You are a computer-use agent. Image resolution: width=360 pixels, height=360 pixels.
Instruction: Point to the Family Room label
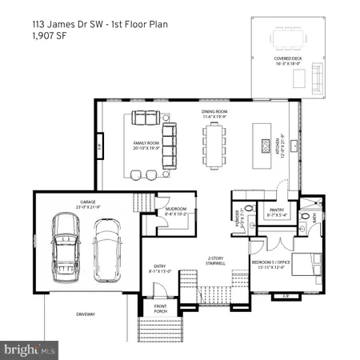(x=147, y=145)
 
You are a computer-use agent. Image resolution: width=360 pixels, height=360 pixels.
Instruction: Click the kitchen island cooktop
(x=266, y=145)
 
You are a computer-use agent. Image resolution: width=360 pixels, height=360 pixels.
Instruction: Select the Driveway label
(x=86, y=314)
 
